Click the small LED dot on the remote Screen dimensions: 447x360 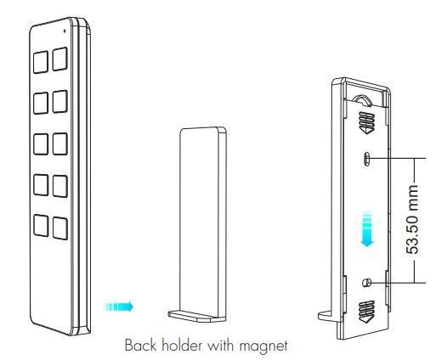[65, 31]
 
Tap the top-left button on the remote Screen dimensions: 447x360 [41, 62]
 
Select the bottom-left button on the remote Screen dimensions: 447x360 [41, 225]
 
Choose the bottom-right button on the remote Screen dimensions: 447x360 [60, 228]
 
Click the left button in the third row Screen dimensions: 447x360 [41, 144]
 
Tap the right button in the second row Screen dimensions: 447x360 [60, 101]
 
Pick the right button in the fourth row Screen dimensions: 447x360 [60, 186]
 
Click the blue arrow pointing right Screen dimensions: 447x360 [118, 307]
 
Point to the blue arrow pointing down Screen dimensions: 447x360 [368, 229]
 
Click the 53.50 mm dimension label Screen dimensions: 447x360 [412, 219]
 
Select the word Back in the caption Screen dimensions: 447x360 [141, 346]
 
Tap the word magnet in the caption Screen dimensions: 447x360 [263, 346]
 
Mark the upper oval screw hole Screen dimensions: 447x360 [367, 159]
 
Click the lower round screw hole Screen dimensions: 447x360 [366, 283]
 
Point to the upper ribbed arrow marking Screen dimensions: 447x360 [366, 122]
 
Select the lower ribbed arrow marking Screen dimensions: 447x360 [366, 312]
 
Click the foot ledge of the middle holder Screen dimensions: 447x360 [196, 316]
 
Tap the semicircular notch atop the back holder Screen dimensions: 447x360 [362, 99]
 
